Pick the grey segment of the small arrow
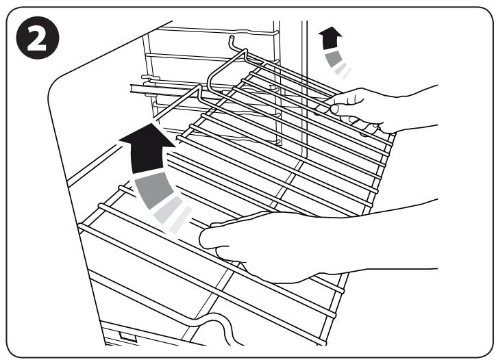point(335,59)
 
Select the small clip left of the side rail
point(142,78)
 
